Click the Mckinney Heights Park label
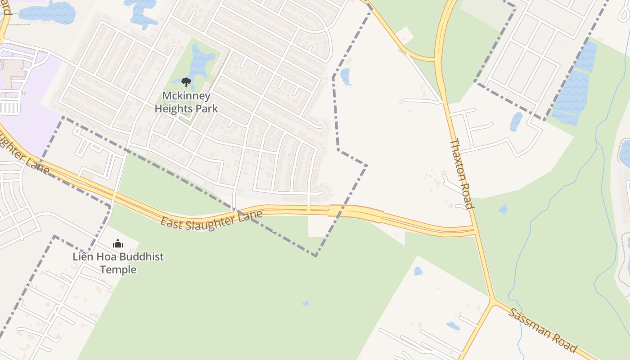tap(186, 102)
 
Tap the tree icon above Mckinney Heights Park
tap(186, 82)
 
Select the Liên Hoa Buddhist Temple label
tap(118, 263)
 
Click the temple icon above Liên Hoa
tap(118, 244)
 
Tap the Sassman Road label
tap(542, 330)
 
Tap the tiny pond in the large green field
tap(306, 304)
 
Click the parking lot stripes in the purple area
tap(9, 108)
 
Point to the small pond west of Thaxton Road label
tap(503, 209)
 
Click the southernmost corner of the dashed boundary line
tap(316, 256)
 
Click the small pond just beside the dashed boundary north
tap(345, 76)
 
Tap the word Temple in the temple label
tap(118, 270)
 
